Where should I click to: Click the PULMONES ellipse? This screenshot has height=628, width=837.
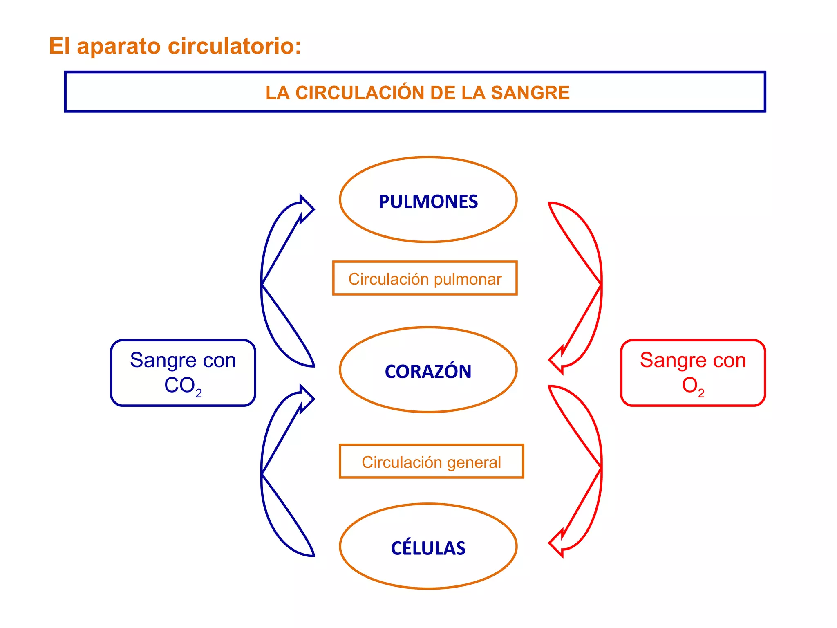pos(428,200)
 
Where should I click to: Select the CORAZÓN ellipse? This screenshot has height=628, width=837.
pos(428,370)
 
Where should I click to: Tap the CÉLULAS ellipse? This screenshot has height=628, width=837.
pos(428,547)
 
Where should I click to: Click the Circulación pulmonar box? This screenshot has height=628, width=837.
pos(425,278)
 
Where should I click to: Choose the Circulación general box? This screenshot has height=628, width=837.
pos(431,462)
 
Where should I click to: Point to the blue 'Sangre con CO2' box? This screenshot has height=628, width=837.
pos(183,373)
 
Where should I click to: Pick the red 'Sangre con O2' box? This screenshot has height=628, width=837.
pos(693,373)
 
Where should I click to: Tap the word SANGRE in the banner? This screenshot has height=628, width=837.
pos(530,93)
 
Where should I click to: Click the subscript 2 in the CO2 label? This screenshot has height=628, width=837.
pos(199,393)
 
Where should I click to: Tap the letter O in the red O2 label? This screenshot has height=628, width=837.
pos(689,385)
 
